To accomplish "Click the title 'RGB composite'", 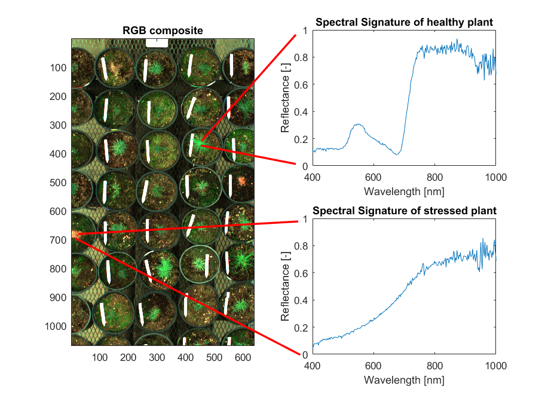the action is point(163,31).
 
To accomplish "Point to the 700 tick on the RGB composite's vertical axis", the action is point(57,240).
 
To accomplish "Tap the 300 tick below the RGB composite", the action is point(157,357).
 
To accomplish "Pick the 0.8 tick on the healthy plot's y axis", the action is point(301,58).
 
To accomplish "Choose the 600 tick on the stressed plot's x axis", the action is point(374,366).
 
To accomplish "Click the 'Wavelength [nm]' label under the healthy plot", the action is point(404,192).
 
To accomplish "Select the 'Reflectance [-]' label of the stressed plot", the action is point(285,286).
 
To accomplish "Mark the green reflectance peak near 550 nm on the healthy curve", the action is point(358,124).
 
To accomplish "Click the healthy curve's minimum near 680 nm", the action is point(397,154).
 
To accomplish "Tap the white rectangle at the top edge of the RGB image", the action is point(157,43).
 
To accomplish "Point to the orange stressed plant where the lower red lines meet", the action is point(75,234).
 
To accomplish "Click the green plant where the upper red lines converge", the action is point(199,144).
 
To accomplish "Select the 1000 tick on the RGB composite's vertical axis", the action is point(56,327).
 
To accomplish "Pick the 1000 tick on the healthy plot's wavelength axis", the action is point(495,178).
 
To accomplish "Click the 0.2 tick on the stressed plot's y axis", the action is point(301,328).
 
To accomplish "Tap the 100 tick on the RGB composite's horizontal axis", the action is point(100,357).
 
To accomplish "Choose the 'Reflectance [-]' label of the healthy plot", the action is point(285,98).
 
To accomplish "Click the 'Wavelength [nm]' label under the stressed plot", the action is point(404,380).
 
